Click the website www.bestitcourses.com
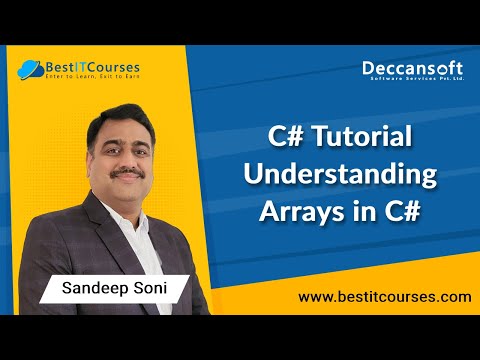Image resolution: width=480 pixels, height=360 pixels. click(x=384, y=297)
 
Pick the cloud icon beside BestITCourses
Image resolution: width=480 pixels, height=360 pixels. click(x=28, y=70)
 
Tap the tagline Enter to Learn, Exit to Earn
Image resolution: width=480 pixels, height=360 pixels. click(x=93, y=78)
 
